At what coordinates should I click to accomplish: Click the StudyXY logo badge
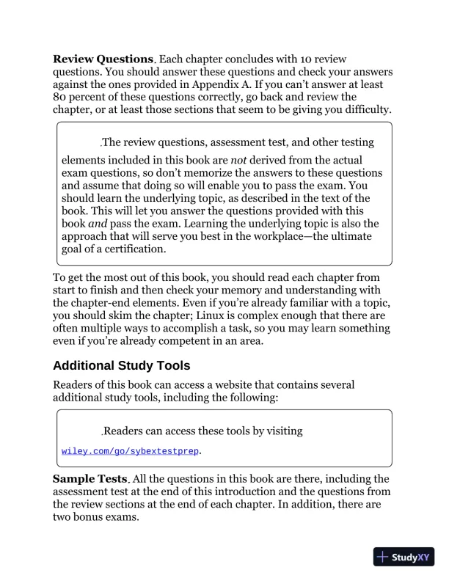click(x=404, y=557)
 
